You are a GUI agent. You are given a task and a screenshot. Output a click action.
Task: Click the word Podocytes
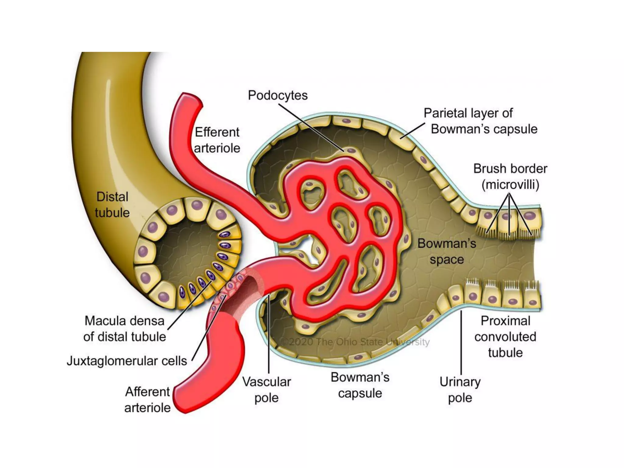(x=278, y=95)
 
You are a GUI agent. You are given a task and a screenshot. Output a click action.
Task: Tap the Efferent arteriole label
(x=217, y=140)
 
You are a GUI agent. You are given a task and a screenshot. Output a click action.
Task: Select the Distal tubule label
(x=112, y=205)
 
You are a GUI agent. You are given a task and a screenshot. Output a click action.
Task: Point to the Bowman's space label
(x=447, y=251)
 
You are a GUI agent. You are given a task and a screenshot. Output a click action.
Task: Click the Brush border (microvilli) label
(x=510, y=176)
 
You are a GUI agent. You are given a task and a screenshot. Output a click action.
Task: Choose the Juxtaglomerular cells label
(x=127, y=361)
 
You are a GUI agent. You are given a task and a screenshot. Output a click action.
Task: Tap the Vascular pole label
(x=266, y=390)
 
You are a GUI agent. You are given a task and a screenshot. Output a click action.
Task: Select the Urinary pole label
(x=460, y=390)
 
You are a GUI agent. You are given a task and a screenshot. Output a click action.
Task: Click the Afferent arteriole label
(x=147, y=399)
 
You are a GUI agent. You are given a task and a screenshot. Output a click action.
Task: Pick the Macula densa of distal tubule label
(x=125, y=329)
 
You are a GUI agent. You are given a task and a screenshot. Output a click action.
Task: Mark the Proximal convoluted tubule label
(x=505, y=337)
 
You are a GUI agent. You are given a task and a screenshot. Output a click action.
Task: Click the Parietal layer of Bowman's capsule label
(x=480, y=121)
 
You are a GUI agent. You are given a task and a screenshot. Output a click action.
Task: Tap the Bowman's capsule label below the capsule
(x=360, y=385)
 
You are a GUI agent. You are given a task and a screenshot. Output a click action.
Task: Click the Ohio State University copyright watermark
(x=355, y=342)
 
